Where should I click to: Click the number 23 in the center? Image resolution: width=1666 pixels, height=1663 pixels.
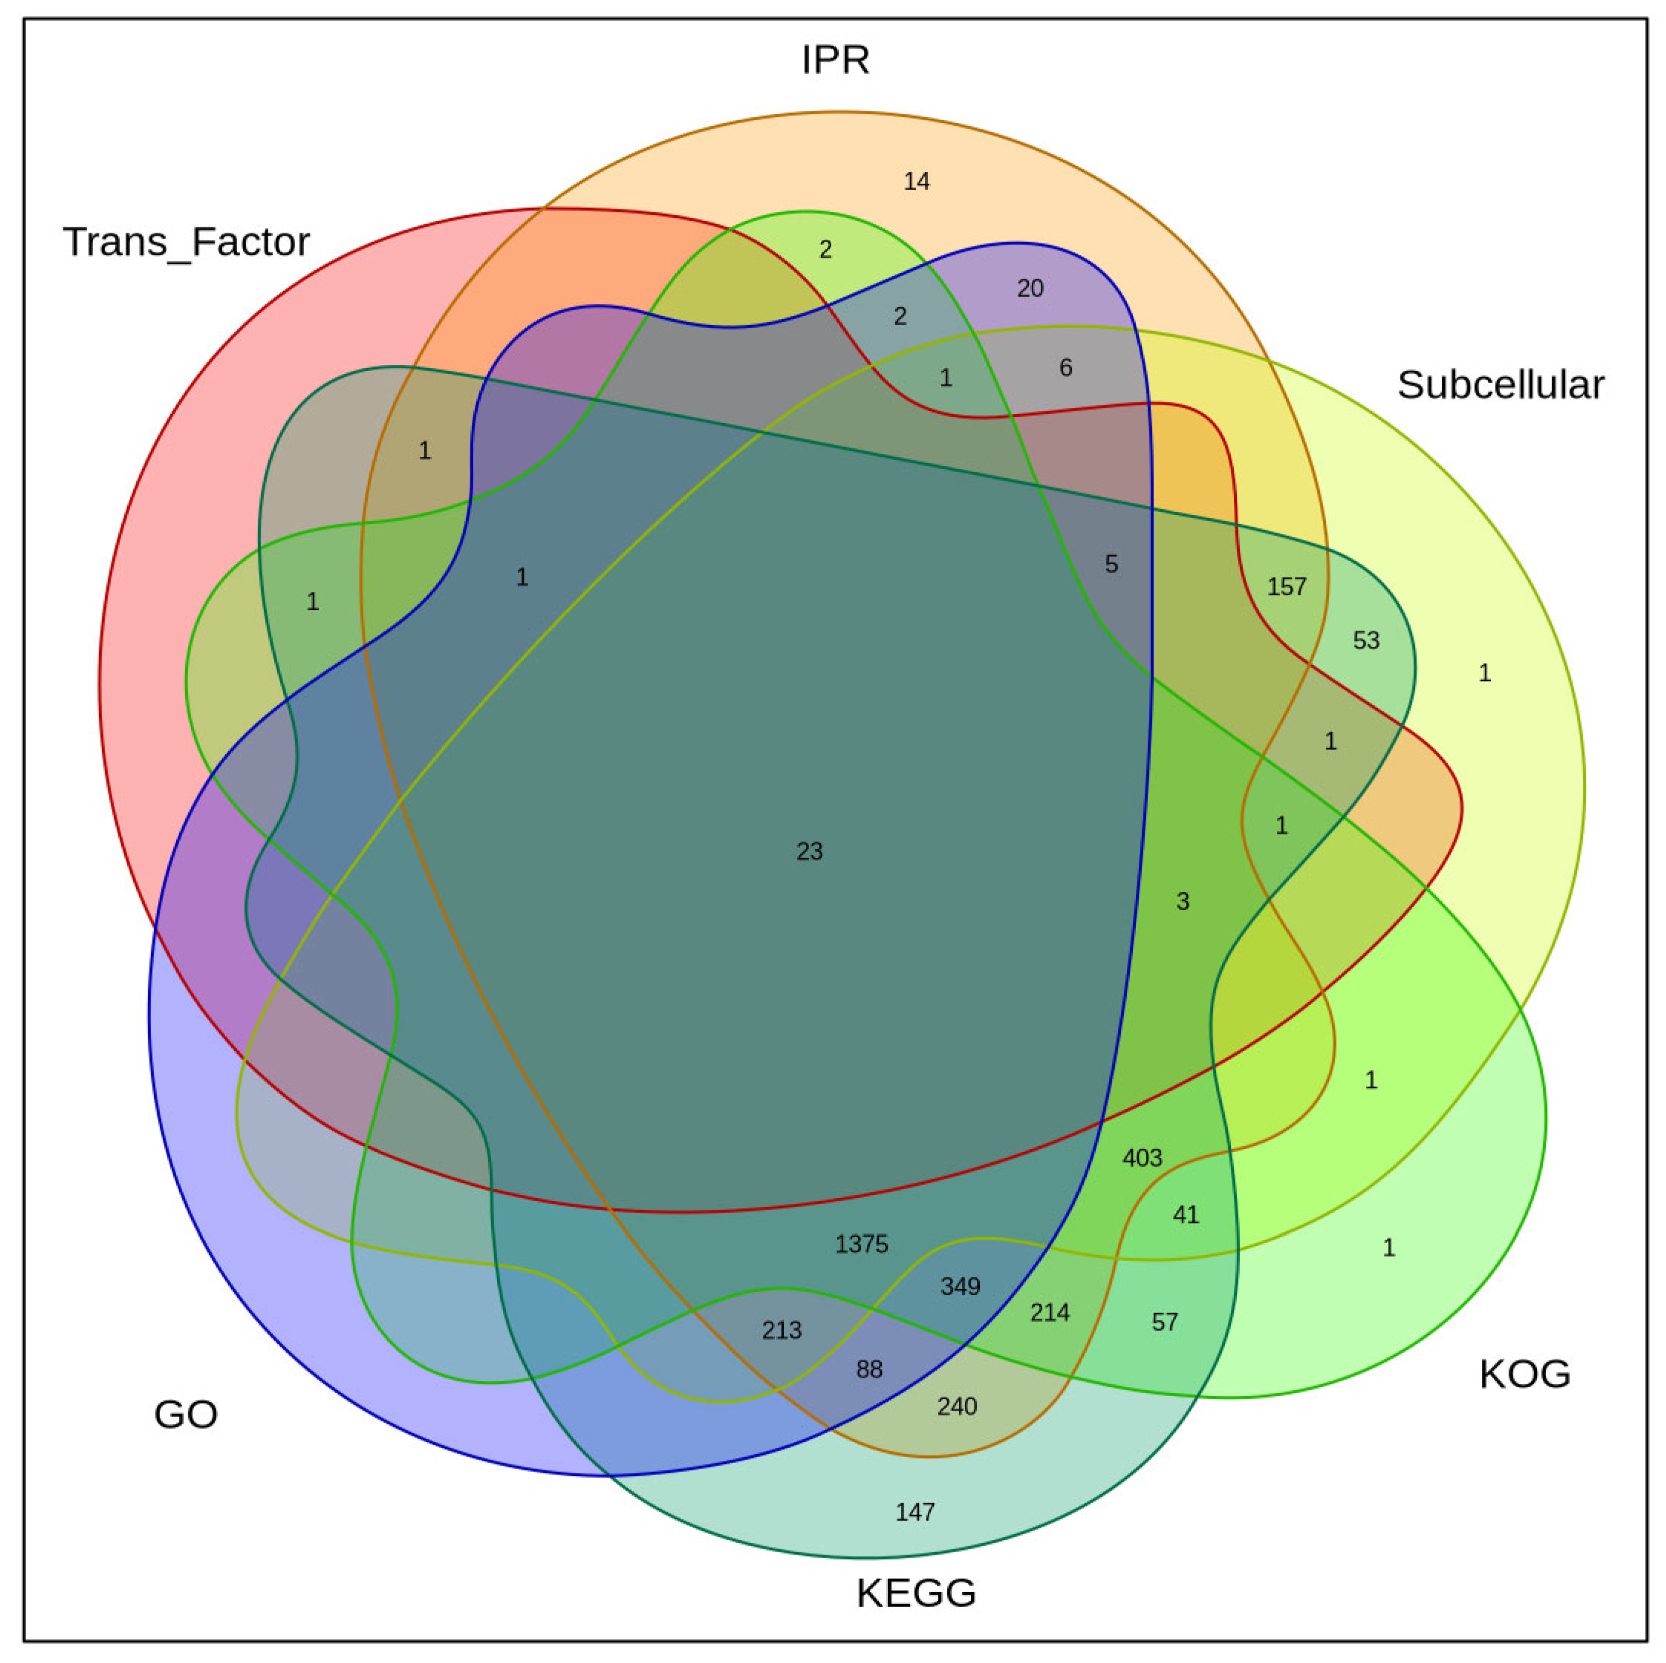click(x=809, y=852)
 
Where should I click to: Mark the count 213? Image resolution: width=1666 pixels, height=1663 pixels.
click(x=781, y=1330)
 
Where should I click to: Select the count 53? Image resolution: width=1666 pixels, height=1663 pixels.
click(x=1366, y=640)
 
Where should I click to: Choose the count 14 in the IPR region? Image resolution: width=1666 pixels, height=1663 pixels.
click(x=916, y=182)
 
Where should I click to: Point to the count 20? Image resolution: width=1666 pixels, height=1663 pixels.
click(x=1030, y=289)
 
